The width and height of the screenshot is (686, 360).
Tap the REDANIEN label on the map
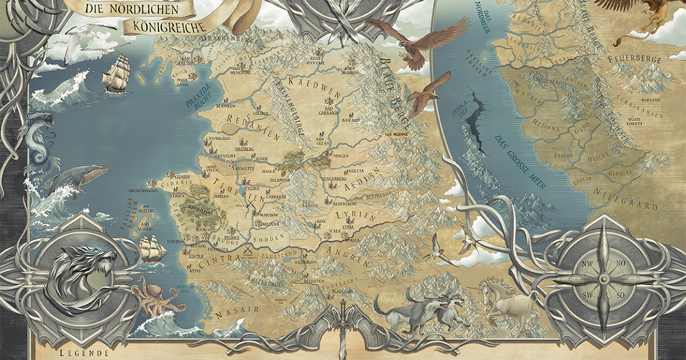coord(252,127)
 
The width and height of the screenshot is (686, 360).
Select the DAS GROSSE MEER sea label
coord(519,161)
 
